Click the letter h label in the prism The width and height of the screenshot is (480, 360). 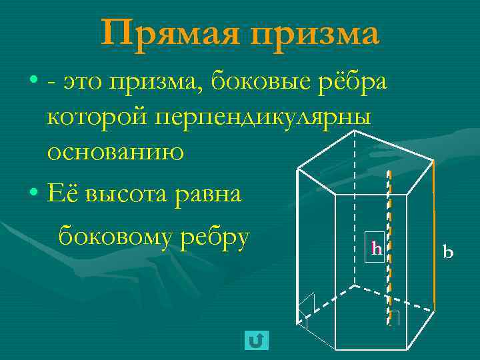coord(377,249)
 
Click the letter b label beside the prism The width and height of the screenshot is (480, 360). coord(448,251)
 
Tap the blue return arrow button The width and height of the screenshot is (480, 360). coord(257,341)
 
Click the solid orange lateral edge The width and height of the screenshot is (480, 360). coord(433,233)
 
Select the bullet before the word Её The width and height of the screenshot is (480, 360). coord(34,194)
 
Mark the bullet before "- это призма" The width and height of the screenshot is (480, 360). coord(34,82)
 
